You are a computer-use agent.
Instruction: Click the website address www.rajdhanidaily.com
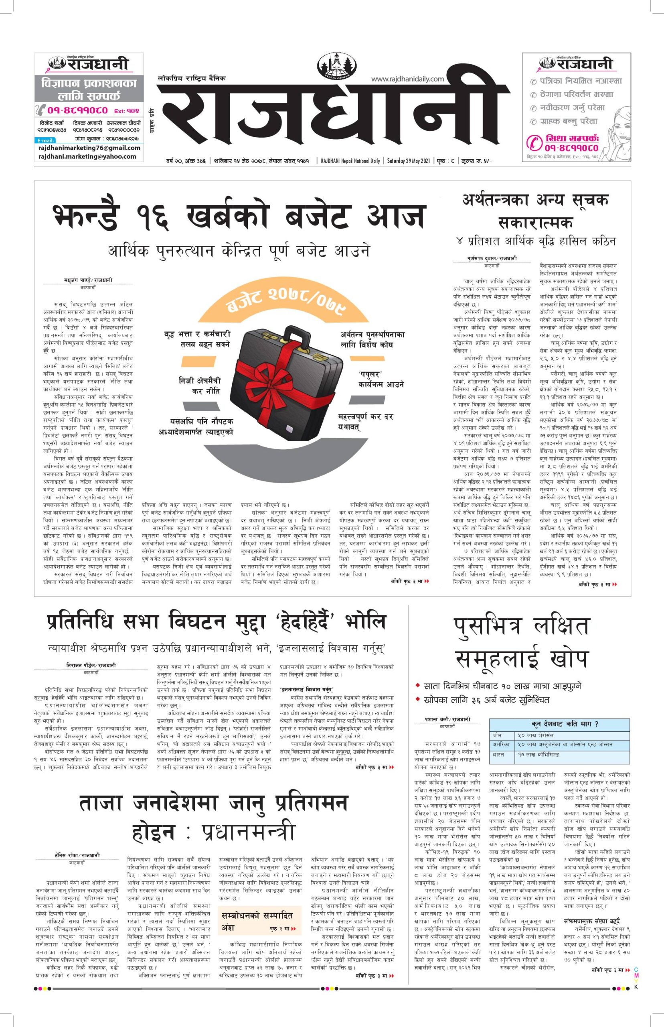[x=407, y=79]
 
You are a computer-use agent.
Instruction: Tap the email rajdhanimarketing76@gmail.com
[x=89, y=148]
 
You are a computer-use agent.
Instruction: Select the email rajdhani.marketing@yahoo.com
[x=87, y=156]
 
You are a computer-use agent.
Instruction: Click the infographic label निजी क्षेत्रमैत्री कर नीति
[x=200, y=385]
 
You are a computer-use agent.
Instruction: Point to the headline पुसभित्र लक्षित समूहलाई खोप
[x=521, y=643]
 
